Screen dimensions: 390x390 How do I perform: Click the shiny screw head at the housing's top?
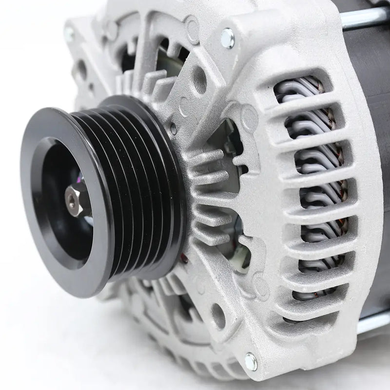pyautogui.click(x=228, y=36)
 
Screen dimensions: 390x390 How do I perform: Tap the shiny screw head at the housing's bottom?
pyautogui.click(x=251, y=360)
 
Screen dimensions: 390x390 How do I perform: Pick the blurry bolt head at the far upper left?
pyautogui.click(x=69, y=34)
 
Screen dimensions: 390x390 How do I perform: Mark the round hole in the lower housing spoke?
pyautogui.click(x=218, y=310)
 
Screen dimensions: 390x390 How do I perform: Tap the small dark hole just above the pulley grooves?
pyautogui.click(x=173, y=129)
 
